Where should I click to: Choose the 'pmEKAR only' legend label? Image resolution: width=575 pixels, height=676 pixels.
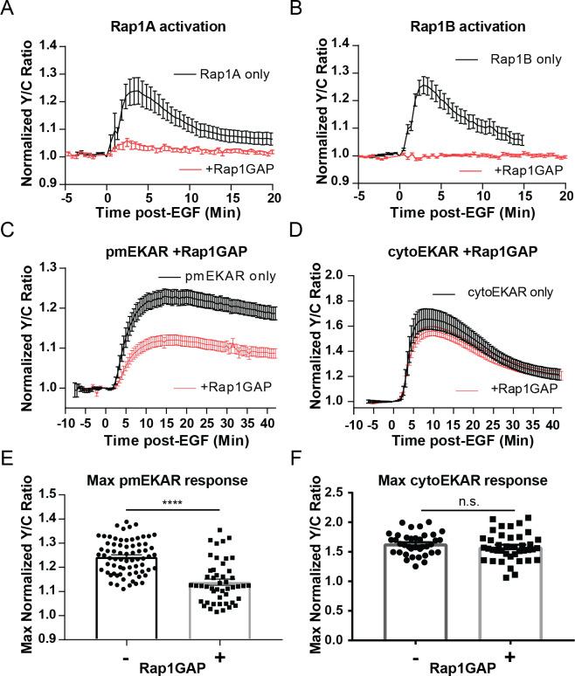click(x=218, y=277)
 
